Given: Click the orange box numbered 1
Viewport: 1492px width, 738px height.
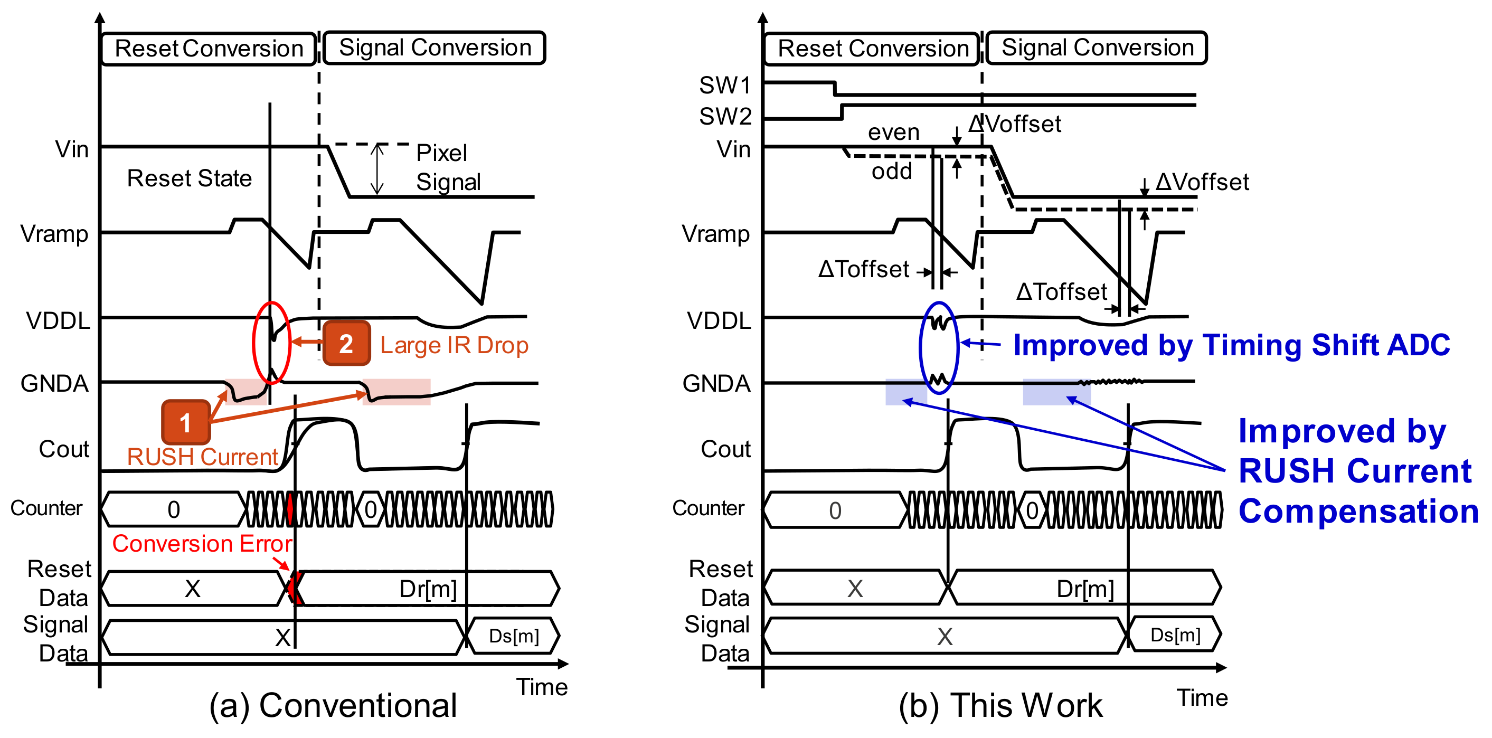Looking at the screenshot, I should tap(185, 422).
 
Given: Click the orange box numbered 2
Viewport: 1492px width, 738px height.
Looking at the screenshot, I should tap(346, 344).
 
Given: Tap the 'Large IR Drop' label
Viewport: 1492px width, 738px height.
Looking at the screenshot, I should tap(454, 345).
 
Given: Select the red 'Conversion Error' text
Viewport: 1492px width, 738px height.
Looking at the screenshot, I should tap(202, 543).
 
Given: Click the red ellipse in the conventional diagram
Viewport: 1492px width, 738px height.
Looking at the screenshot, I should tap(271, 343).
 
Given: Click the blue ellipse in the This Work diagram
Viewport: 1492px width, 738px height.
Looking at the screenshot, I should tap(938, 347).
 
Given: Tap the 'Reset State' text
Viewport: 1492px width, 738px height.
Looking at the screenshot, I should tap(190, 178).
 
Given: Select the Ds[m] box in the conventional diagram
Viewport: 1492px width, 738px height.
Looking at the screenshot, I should tap(513, 636).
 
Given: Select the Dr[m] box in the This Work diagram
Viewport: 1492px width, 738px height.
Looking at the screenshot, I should tap(1085, 589).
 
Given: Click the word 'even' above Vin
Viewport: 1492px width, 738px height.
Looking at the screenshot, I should tap(893, 132).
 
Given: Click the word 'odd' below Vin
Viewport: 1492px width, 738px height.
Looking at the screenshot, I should tap(891, 172).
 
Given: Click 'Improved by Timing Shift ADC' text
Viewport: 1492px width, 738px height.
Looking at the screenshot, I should tap(1231, 345).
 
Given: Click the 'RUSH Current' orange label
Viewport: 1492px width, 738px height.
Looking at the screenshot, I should tap(202, 457).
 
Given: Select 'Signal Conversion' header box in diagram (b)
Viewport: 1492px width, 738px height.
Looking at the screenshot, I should tap(1097, 48).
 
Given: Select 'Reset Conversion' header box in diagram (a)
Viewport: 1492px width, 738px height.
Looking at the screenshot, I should tap(209, 49).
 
